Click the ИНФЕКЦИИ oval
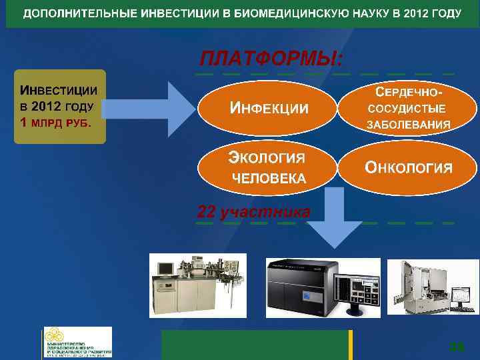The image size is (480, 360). coord(269,108)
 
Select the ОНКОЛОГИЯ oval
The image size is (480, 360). coord(408,167)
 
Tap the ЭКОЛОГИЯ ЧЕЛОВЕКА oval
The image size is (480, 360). coord(269,167)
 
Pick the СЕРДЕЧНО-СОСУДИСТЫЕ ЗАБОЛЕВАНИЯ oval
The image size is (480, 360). coord(408,108)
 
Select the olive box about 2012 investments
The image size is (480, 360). coord(61,107)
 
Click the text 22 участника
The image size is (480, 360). coord(253,212)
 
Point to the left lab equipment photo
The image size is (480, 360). coord(197,285)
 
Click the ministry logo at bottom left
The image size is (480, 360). coord(77,342)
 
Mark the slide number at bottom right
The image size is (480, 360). coord(457,347)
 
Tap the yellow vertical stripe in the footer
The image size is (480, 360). coord(350,345)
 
